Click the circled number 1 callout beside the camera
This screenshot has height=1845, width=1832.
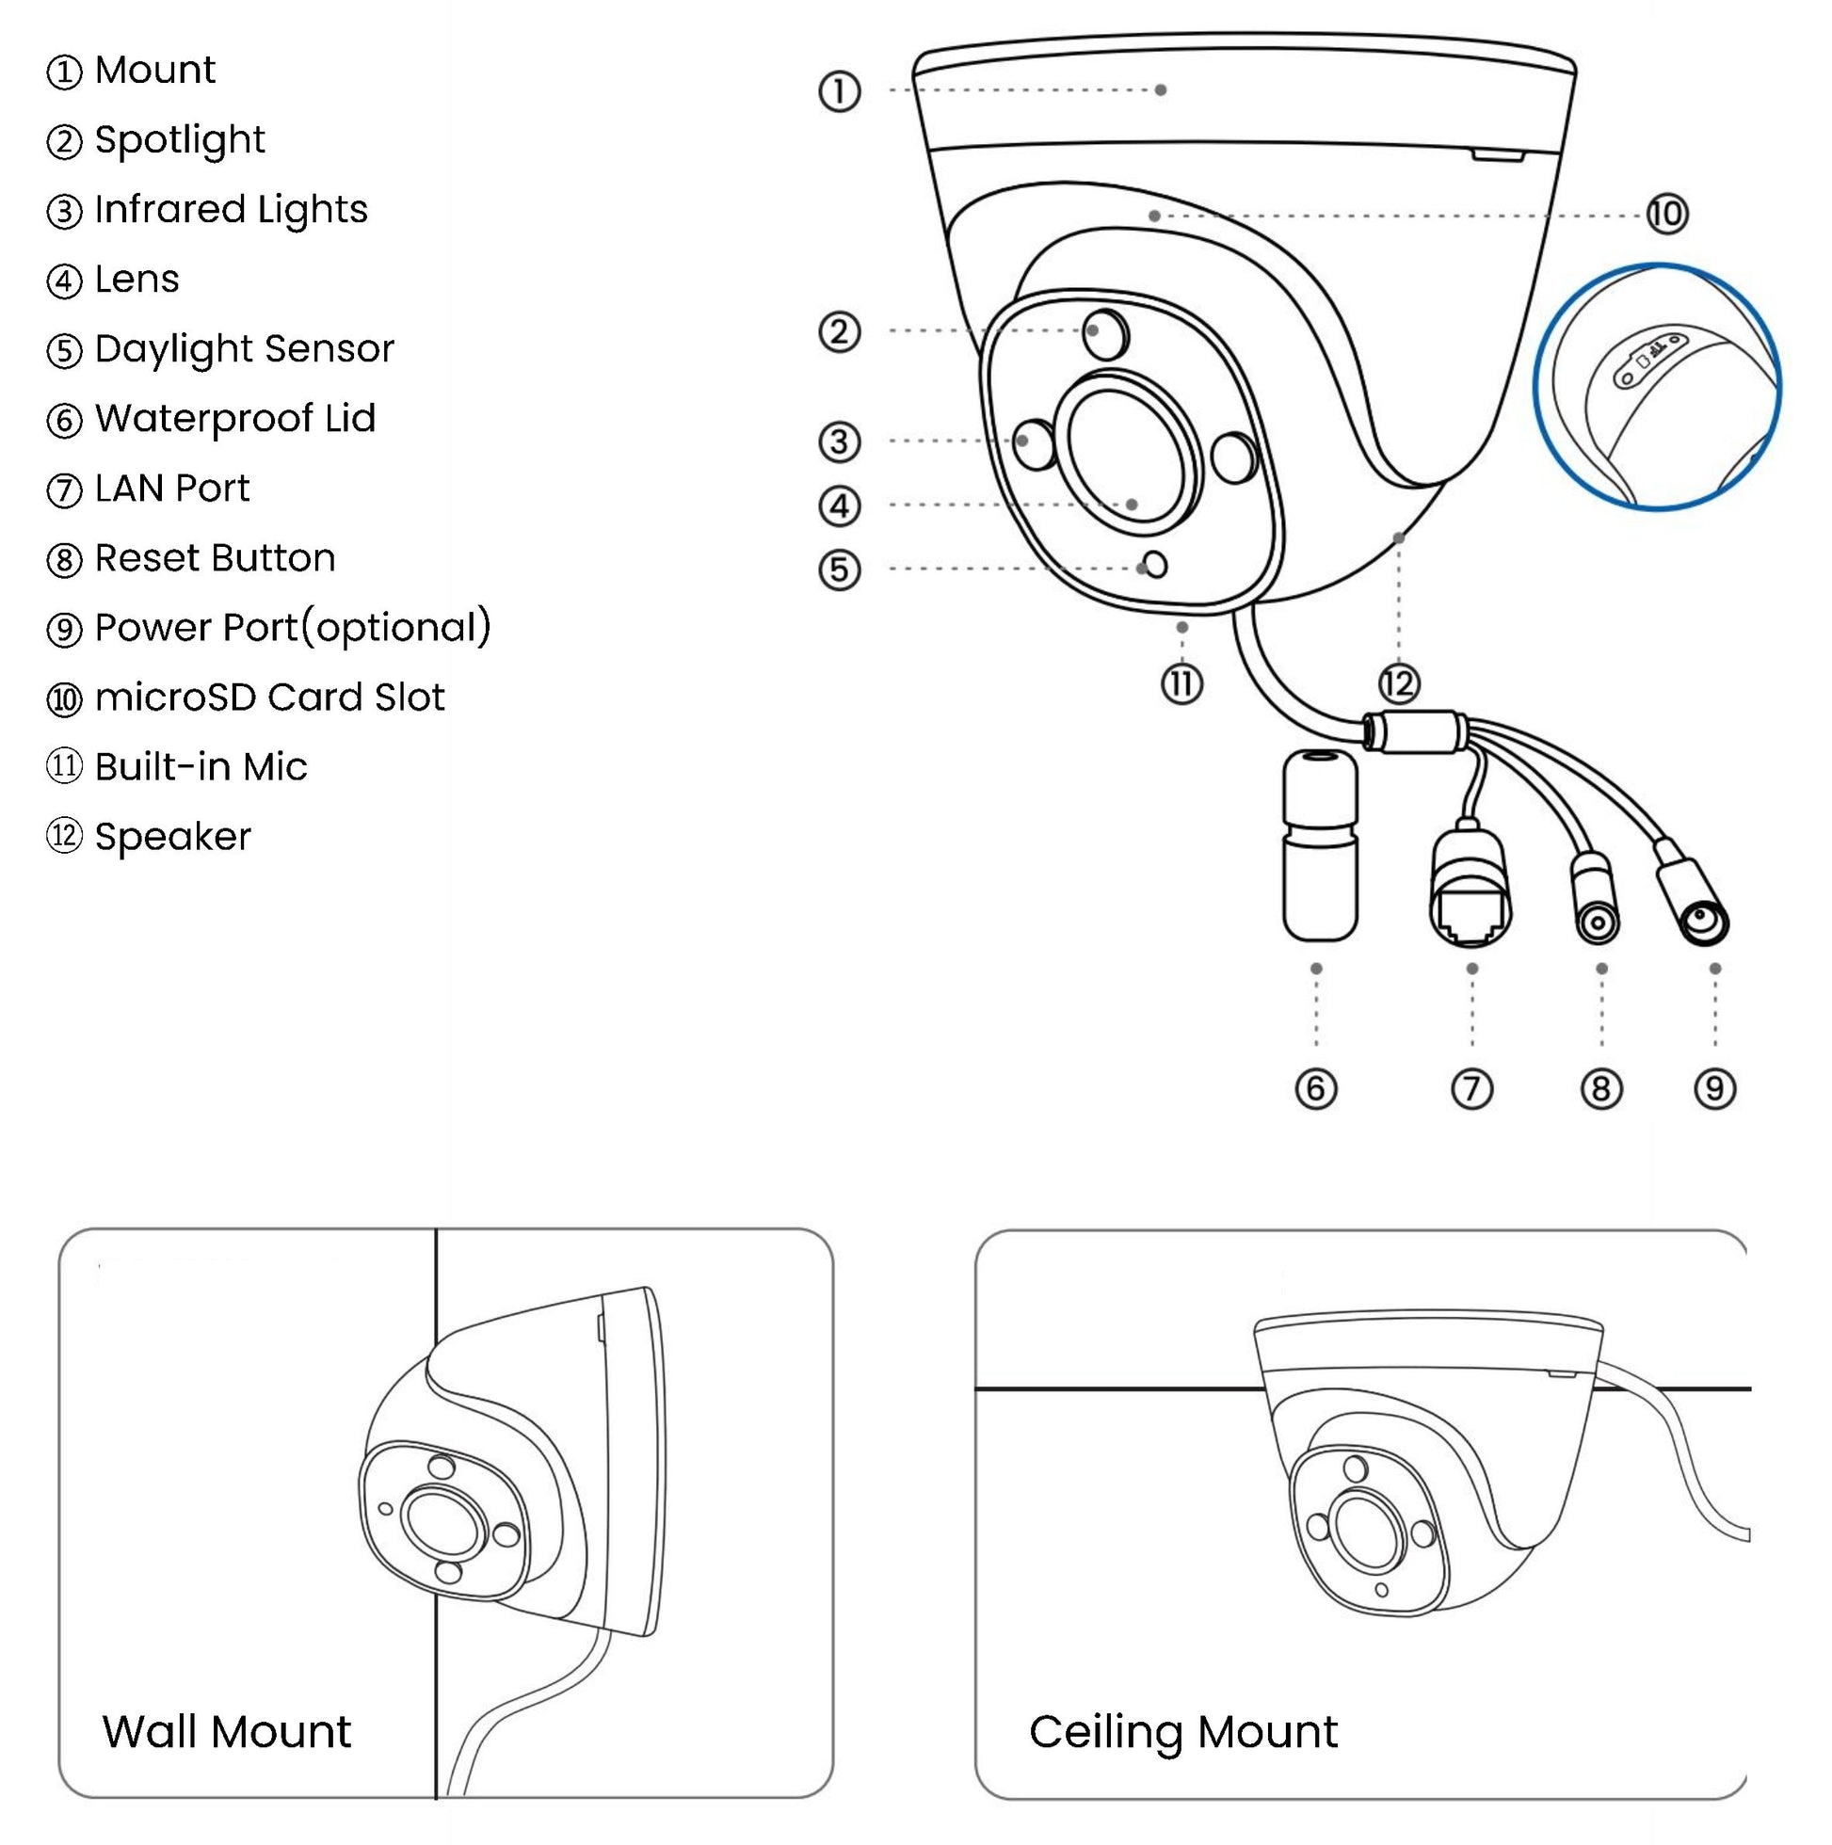pos(840,91)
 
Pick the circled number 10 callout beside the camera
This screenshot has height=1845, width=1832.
pos(1666,214)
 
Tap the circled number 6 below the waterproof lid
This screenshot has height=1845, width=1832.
pos(1316,1089)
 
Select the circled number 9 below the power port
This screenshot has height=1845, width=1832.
pos(1714,1089)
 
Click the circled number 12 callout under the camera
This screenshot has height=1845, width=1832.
pos(1398,683)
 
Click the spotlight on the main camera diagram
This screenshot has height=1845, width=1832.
pos(1106,334)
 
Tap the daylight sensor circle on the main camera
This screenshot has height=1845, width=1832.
pos(1156,566)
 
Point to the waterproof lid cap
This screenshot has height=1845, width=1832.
pos(1319,845)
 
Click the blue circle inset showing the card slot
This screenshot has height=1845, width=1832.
pos(1657,387)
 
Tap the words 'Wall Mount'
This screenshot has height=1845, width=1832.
pos(226,1731)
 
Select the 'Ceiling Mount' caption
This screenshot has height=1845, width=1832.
pos(1182,1731)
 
